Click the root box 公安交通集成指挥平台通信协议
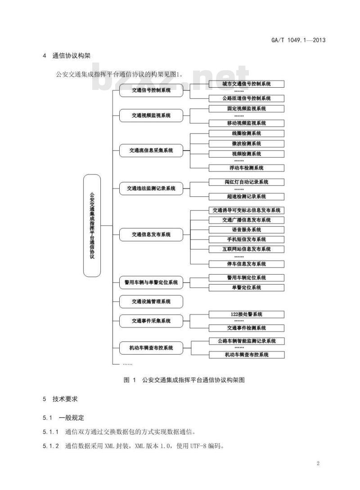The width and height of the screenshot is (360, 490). (92, 226)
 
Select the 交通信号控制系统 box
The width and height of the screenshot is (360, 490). (151, 90)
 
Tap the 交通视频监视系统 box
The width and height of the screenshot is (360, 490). (151, 116)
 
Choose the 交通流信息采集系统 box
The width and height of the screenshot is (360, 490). (151, 150)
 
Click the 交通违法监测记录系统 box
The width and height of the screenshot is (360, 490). (151, 188)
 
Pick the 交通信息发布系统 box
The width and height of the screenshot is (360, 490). (151, 234)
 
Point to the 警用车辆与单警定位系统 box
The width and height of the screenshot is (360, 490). (151, 282)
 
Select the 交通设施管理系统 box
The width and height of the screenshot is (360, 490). (151, 302)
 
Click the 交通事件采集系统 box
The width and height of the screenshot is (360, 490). (151, 321)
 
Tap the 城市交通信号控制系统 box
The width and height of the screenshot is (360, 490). (247, 84)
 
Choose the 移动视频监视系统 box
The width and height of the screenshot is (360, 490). (247, 123)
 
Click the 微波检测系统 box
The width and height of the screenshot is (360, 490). (247, 144)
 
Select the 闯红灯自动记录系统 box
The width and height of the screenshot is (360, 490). (247, 182)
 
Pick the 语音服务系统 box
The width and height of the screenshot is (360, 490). (247, 230)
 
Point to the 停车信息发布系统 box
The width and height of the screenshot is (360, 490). (247, 264)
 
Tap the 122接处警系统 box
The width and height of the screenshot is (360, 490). (247, 314)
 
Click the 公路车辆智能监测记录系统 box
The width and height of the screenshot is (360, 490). (247, 341)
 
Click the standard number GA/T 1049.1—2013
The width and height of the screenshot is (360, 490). (298, 40)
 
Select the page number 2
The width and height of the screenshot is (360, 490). (318, 463)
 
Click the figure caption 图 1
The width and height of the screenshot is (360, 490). (130, 380)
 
